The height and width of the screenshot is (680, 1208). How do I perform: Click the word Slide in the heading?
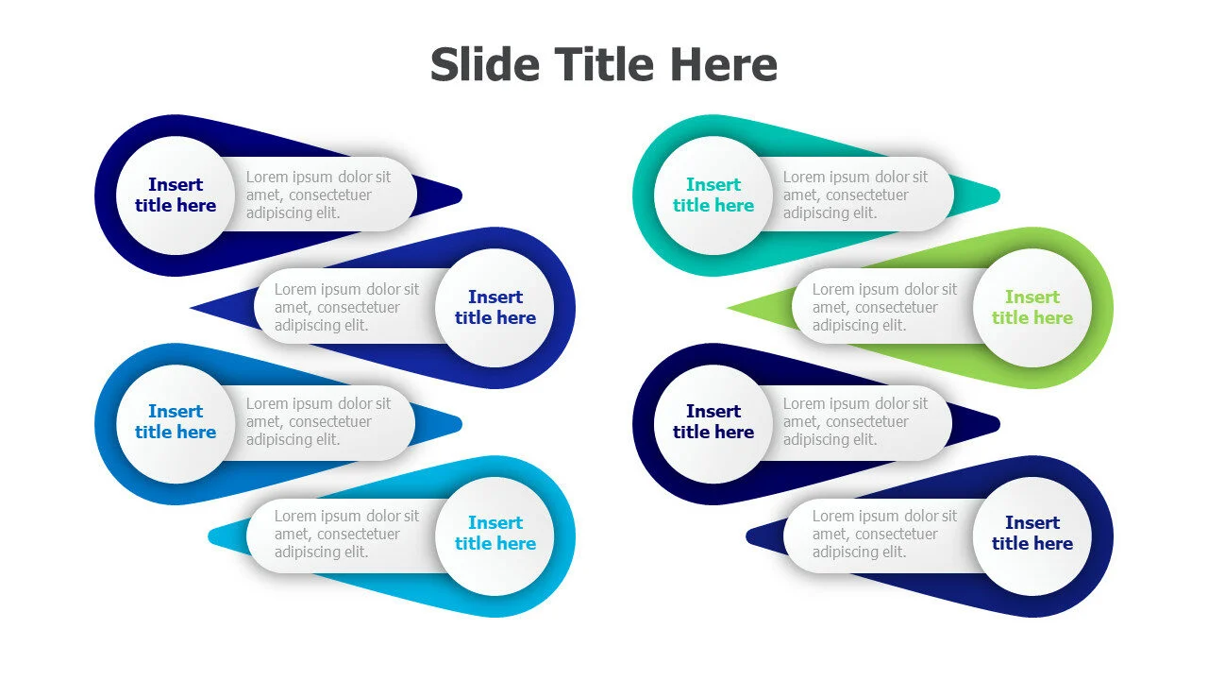tap(485, 64)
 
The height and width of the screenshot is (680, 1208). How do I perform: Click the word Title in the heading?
tap(604, 64)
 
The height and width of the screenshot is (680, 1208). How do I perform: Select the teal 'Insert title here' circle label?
tap(713, 195)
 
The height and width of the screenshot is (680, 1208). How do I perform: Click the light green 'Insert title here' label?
tap(1032, 307)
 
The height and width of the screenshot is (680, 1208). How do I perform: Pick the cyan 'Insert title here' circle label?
tap(495, 533)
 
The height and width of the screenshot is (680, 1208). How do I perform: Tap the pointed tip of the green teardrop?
tap(728, 308)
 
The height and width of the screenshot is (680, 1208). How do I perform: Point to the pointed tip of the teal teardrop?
tap(998, 195)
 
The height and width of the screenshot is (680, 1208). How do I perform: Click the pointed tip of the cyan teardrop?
tap(210, 535)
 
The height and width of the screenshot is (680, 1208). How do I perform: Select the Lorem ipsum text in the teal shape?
tap(855, 195)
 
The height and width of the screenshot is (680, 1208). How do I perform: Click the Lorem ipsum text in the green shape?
tap(884, 307)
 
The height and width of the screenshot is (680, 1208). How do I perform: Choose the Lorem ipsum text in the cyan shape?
tap(346, 534)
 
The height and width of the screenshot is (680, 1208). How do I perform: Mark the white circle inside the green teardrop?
tap(1032, 308)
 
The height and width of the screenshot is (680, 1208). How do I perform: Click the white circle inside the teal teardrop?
tap(713, 195)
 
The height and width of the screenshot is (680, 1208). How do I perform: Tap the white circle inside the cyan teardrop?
tap(495, 535)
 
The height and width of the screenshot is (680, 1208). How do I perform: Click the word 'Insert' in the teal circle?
tap(713, 184)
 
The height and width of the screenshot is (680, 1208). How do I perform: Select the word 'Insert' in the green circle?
tap(1032, 297)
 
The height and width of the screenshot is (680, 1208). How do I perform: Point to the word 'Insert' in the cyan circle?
tap(495, 522)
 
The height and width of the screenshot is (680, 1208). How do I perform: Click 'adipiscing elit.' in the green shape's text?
tap(859, 326)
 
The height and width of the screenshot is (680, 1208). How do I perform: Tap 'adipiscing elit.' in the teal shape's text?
tap(830, 213)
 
